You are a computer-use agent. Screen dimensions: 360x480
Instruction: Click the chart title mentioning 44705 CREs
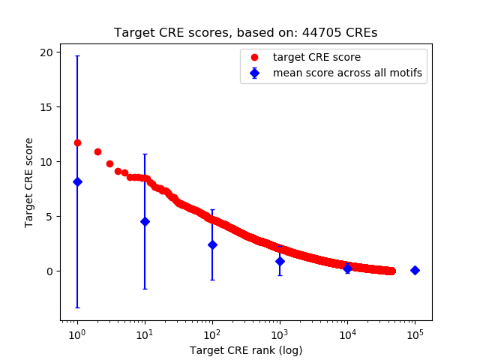click(x=245, y=33)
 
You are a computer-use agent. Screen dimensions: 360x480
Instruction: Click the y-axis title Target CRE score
click(x=29, y=182)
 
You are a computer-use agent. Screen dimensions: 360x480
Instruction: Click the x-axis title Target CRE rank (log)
click(x=245, y=349)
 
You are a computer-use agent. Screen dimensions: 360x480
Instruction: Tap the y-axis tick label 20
click(x=46, y=52)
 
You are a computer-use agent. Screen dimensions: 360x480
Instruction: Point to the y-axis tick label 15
click(x=46, y=107)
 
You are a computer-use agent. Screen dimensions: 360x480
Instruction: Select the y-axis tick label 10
click(x=46, y=162)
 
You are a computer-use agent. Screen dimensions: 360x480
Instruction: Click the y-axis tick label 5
click(x=49, y=217)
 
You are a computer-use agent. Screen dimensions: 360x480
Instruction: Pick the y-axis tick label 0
click(x=49, y=271)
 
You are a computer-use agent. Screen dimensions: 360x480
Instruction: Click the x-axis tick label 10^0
click(x=76, y=334)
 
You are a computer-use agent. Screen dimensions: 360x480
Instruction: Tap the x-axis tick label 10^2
click(x=212, y=334)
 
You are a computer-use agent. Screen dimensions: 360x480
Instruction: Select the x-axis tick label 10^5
click(x=415, y=334)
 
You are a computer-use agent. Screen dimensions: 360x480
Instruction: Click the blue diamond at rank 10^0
click(x=77, y=181)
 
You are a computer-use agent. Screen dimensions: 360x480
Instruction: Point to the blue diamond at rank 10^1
click(x=145, y=221)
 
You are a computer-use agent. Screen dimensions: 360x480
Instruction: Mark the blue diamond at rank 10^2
click(x=212, y=244)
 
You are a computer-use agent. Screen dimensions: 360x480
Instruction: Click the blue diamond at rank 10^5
click(x=415, y=270)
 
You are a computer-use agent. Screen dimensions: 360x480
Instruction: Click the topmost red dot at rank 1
click(x=77, y=142)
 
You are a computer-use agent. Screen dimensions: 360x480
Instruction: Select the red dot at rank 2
click(x=97, y=151)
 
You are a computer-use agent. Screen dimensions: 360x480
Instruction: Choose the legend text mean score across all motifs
click(x=346, y=73)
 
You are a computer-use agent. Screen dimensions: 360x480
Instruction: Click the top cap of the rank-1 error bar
click(x=77, y=55)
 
